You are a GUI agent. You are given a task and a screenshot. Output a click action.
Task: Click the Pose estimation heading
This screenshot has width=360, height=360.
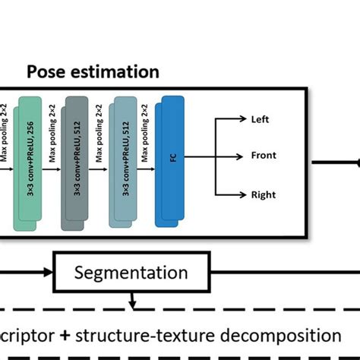click(x=93, y=73)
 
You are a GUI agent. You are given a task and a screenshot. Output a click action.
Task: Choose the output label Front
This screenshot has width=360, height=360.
click(x=263, y=156)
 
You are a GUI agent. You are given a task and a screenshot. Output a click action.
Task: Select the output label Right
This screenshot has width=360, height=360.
click(x=263, y=194)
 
